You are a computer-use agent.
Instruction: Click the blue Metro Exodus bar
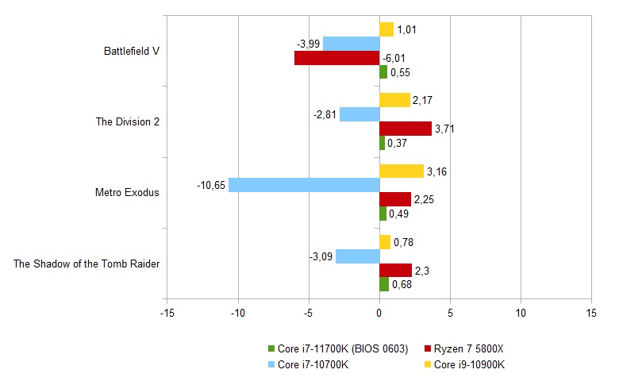[304, 185]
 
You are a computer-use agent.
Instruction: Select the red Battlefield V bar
[336, 58]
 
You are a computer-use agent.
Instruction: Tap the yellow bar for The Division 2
[394, 100]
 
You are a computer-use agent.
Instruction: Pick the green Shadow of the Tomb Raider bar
[384, 284]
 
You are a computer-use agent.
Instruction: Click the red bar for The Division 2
[406, 129]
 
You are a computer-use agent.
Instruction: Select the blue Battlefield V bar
[351, 44]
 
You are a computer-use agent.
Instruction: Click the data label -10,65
[212, 186]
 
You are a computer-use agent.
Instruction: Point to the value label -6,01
[394, 58]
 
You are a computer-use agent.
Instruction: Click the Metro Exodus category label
[127, 192]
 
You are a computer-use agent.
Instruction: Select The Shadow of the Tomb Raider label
[87, 264]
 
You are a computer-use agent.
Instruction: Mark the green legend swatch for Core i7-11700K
[271, 348]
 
